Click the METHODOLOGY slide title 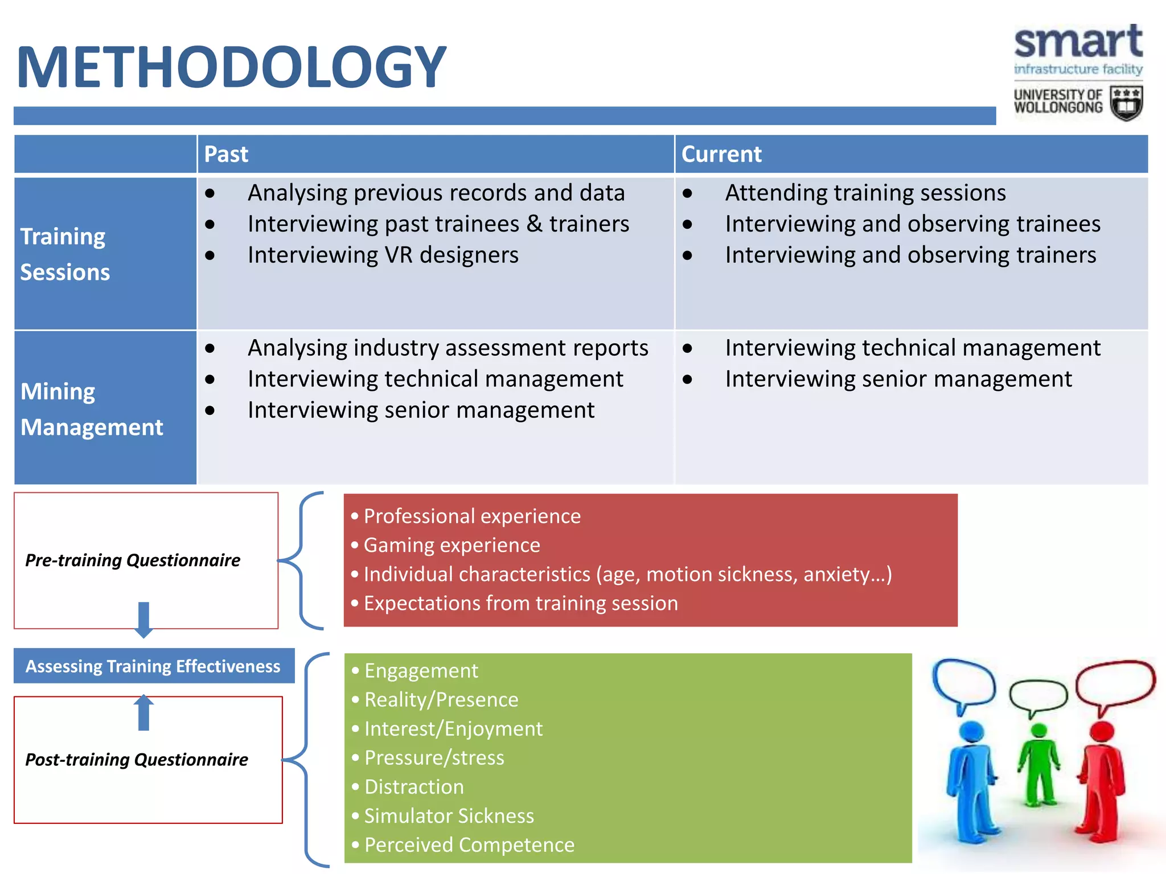(231, 67)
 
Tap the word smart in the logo (1078, 42)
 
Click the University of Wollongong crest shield (1126, 103)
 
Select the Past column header (226, 154)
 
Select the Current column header (721, 154)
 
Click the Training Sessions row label (64, 254)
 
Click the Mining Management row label (91, 409)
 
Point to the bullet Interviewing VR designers (383, 255)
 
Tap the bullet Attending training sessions (865, 193)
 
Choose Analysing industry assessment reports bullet (447, 348)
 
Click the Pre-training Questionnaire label (133, 560)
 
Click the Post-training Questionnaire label (137, 760)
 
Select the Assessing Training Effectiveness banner (153, 666)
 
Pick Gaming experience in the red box (451, 545)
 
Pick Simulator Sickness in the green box (449, 816)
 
